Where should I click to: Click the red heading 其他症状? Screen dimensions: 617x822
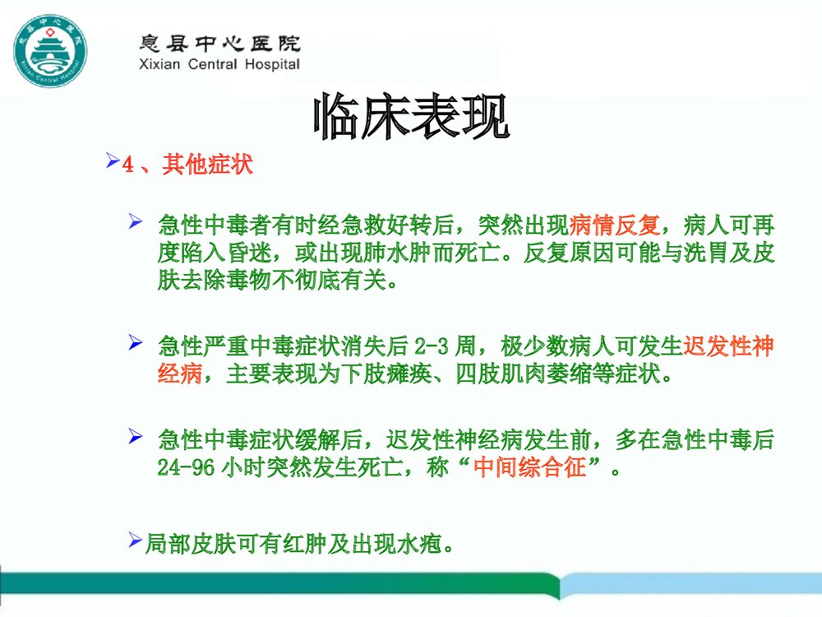click(x=207, y=165)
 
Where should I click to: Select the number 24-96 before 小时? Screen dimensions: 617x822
click(x=187, y=468)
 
